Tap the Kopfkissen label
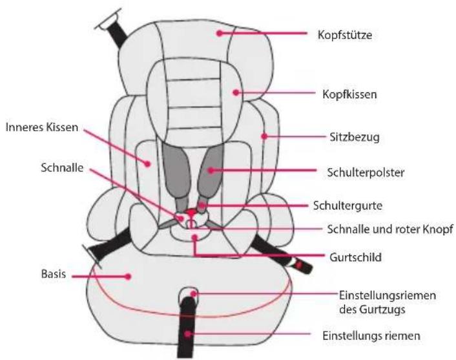point(349,94)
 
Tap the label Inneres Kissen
point(41,127)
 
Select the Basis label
point(50,275)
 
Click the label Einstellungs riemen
point(371,336)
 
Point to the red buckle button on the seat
point(192,213)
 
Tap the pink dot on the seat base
point(129,276)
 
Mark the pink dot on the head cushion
point(236,92)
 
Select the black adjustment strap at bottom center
point(189,323)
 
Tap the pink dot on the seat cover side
point(264,136)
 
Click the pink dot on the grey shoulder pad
point(211,171)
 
